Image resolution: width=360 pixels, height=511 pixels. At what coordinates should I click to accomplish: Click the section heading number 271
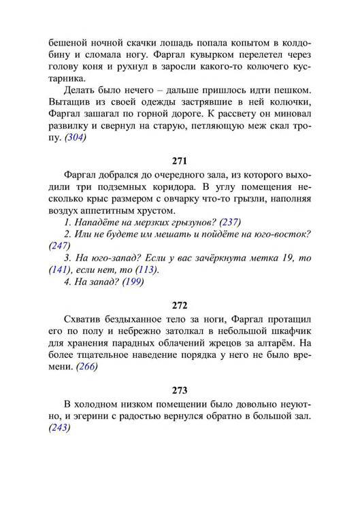180,163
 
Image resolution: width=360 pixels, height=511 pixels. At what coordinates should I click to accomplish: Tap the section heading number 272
180,306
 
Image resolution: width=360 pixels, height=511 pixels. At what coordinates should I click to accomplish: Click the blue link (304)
76,138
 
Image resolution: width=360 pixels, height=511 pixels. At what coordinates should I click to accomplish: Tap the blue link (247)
61,246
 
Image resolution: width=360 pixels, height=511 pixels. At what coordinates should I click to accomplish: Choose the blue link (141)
61,270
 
